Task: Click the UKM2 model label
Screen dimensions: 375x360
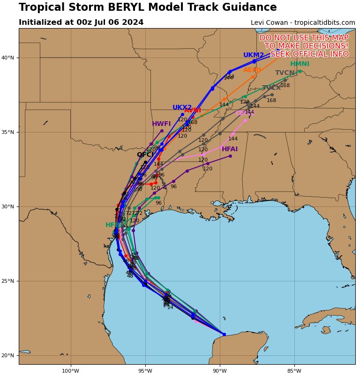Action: point(254,55)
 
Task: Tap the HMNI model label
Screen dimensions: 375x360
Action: point(300,64)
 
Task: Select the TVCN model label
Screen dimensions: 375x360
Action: point(285,73)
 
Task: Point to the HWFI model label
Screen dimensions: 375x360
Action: point(161,124)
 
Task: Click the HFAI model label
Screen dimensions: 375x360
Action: point(230,149)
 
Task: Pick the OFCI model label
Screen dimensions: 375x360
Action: point(145,154)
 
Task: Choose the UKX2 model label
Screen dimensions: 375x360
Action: point(182,108)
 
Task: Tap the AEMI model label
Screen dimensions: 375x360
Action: point(252,70)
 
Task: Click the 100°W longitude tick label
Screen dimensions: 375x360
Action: point(71,371)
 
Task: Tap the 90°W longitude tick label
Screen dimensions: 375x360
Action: point(220,371)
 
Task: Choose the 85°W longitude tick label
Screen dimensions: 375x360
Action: point(294,371)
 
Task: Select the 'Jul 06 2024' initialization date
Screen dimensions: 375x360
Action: point(121,22)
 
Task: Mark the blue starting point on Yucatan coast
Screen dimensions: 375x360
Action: point(224,334)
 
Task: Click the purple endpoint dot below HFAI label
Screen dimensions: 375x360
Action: point(230,156)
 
